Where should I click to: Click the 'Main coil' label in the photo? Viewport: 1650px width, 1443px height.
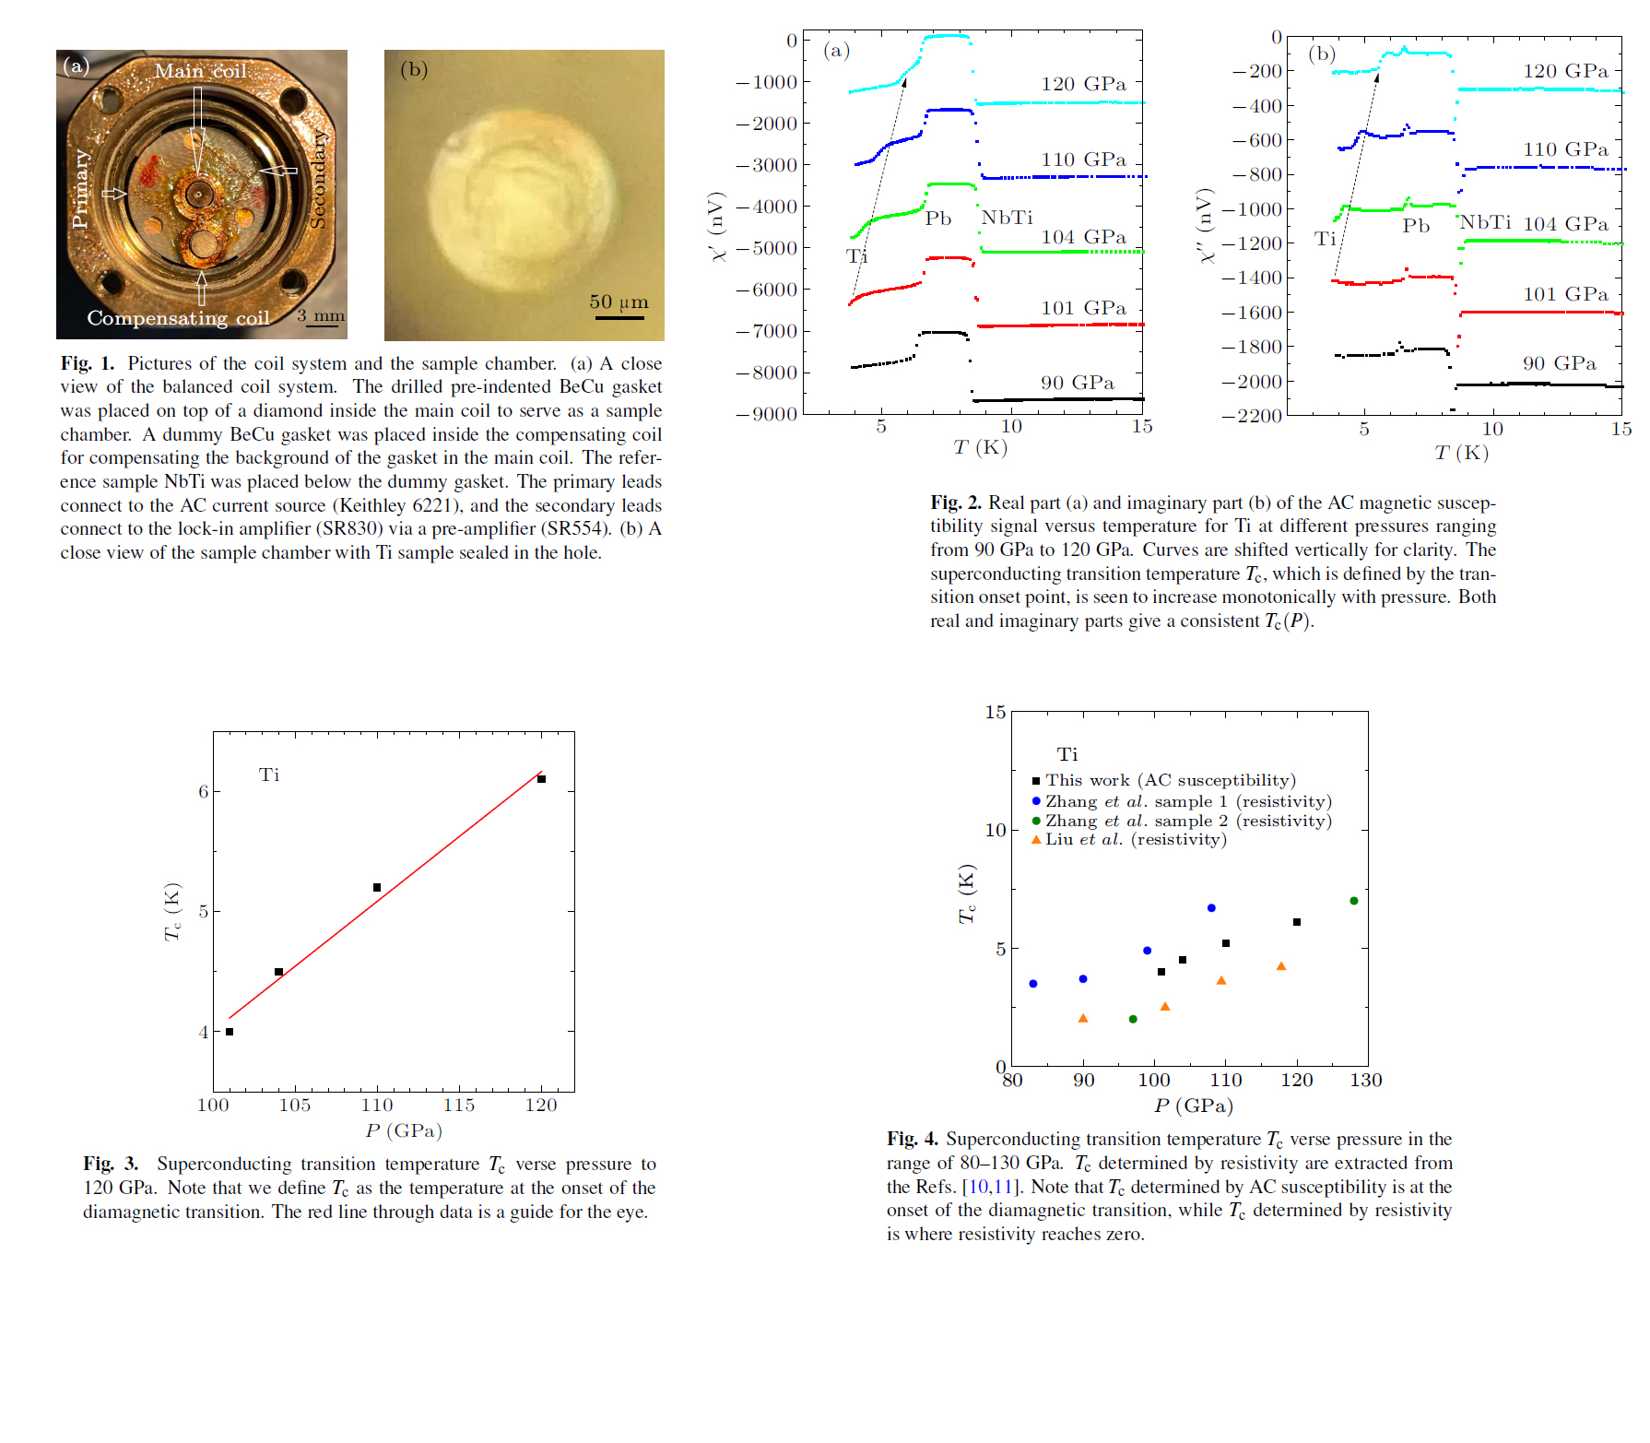(x=200, y=71)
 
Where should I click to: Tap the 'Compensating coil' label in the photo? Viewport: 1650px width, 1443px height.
(x=178, y=318)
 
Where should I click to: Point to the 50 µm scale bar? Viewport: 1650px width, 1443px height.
(x=619, y=317)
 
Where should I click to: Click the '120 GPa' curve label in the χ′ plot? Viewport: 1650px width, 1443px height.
(x=1083, y=84)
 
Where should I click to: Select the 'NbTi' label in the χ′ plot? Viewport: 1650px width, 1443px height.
(x=1007, y=218)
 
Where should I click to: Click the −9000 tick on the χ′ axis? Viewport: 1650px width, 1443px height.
(x=766, y=414)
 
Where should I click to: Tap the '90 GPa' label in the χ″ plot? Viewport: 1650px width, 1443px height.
(x=1559, y=363)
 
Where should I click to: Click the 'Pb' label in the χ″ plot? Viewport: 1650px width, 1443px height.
(x=1416, y=226)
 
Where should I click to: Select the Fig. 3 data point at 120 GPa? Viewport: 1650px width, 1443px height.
(x=542, y=779)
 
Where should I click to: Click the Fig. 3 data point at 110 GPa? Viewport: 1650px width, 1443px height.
(x=377, y=887)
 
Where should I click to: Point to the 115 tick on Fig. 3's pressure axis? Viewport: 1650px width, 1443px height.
(x=459, y=1105)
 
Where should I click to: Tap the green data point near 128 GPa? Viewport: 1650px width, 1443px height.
(x=1353, y=901)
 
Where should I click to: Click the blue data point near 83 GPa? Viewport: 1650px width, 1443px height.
(x=1033, y=984)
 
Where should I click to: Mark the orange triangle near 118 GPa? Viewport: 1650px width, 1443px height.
(x=1281, y=966)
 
